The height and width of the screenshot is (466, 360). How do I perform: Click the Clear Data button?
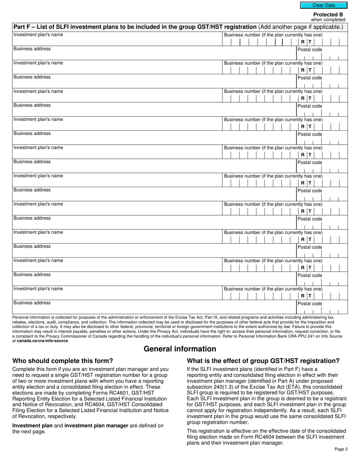[323, 5]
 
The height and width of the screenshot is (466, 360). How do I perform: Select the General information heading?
[180, 349]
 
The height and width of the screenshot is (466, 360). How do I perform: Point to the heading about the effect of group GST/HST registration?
[263, 361]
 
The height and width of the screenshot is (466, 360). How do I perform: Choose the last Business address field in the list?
[152, 308]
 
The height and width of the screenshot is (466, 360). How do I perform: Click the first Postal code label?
[310, 50]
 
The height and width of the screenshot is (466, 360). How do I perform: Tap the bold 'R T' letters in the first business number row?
[306, 42]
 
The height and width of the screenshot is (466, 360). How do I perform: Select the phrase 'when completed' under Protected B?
[328, 20]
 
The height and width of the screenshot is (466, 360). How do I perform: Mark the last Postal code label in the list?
[310, 303]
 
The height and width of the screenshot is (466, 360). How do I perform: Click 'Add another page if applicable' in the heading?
[301, 27]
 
